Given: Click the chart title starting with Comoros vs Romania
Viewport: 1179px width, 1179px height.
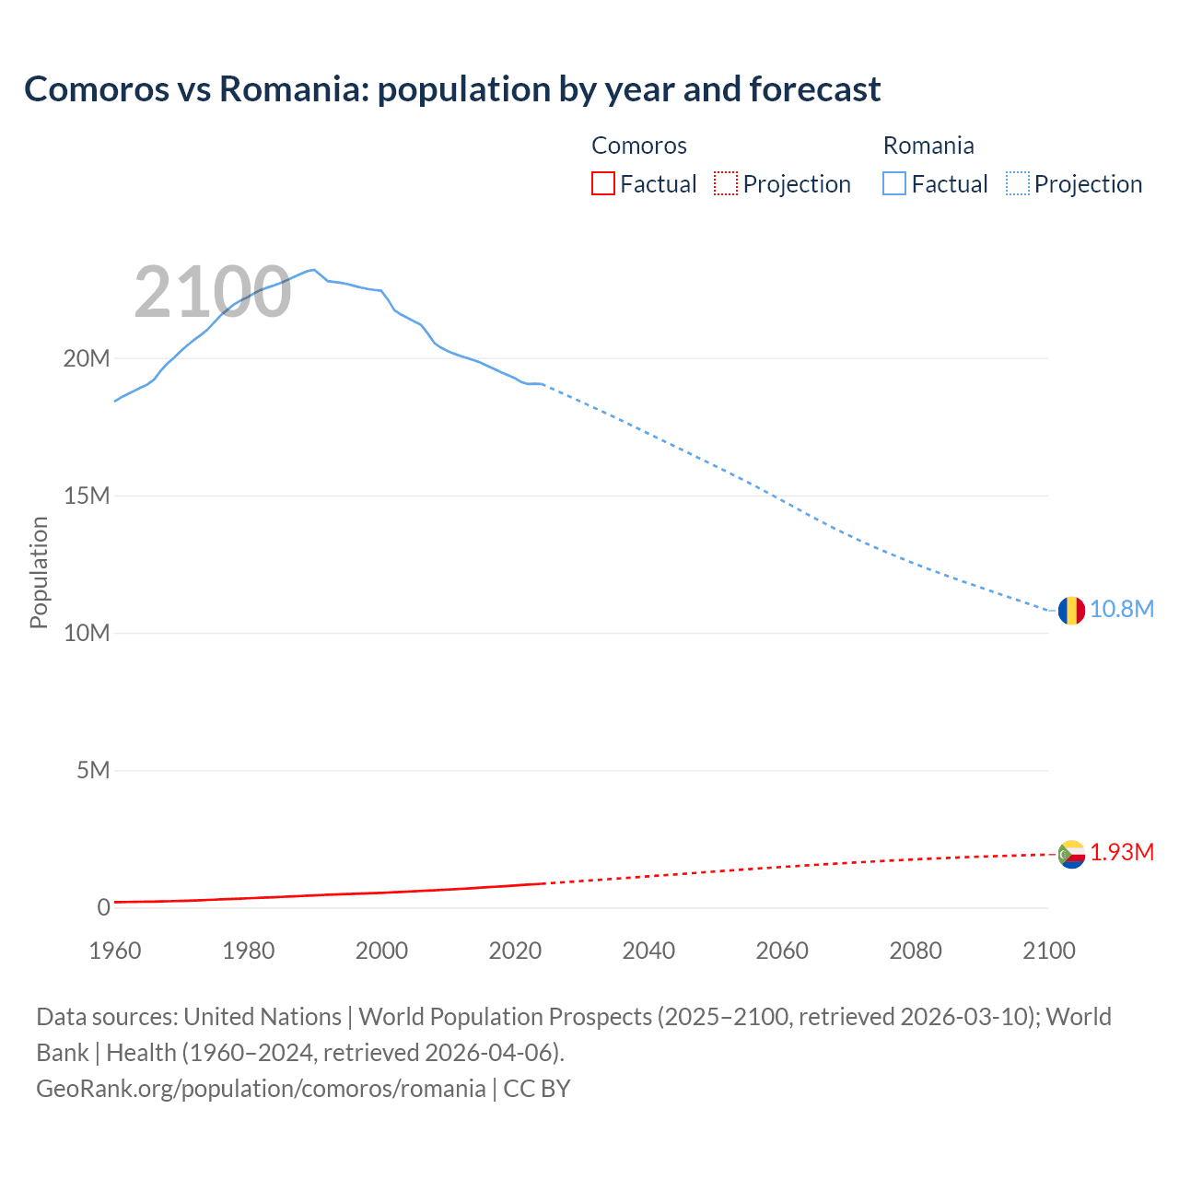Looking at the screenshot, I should (452, 89).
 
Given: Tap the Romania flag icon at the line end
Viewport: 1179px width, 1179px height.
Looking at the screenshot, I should (1070, 610).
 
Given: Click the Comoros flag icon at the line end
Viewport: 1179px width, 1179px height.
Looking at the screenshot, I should (1070, 854).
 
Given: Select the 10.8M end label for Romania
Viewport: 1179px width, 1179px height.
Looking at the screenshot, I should (1122, 610).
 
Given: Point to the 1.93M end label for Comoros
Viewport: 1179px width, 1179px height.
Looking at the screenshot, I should (1122, 853).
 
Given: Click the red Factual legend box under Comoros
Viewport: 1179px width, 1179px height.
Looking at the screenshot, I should (602, 184).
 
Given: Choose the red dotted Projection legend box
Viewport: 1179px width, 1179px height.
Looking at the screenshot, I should (726, 184).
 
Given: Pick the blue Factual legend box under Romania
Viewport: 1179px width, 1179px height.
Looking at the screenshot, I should (894, 184).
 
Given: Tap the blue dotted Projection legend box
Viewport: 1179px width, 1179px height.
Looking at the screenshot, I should (1018, 184).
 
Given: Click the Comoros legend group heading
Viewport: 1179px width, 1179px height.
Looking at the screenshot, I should (639, 146).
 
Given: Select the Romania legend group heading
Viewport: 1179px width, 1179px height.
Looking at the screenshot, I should (928, 146).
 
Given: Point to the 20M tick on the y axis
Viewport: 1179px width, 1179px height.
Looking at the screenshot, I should (87, 358).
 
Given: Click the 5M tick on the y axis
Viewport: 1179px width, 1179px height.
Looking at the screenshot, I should (93, 770).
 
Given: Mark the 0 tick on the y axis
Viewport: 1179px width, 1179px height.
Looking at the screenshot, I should (103, 907).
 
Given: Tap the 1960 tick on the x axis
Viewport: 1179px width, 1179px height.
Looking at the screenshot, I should (115, 951).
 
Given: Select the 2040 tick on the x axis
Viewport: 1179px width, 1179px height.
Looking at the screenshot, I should (648, 951).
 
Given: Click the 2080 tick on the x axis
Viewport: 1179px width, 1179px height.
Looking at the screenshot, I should (916, 951).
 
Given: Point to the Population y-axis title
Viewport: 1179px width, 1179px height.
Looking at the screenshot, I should (39, 572).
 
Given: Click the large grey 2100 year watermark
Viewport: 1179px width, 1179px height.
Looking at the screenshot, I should (213, 293).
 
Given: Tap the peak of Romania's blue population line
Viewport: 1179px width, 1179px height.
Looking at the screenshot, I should (314, 269).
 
